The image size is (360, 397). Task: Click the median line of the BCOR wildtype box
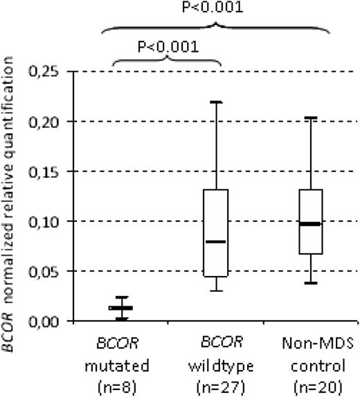(217, 242)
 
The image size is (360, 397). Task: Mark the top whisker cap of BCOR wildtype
(217, 102)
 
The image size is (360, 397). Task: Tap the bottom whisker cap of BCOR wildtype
(217, 290)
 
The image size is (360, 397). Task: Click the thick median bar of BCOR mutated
(121, 308)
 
